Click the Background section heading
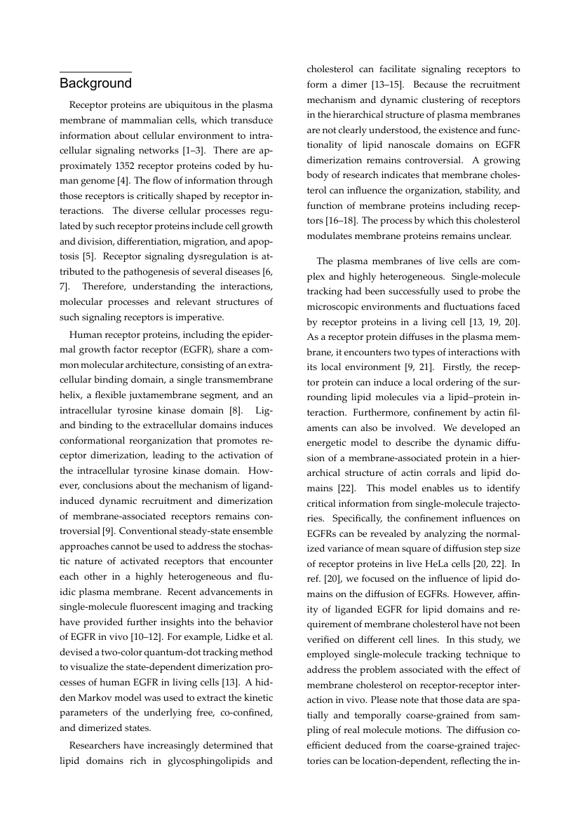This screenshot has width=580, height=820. pyautogui.click(x=95, y=84)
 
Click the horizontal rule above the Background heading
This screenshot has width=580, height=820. pyautogui.click(x=95, y=72)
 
